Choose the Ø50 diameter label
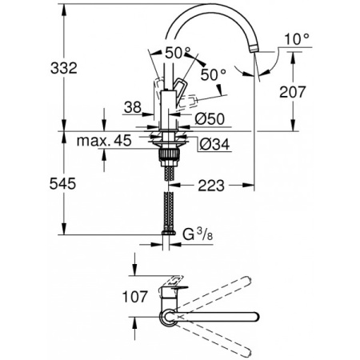tap(209, 119)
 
